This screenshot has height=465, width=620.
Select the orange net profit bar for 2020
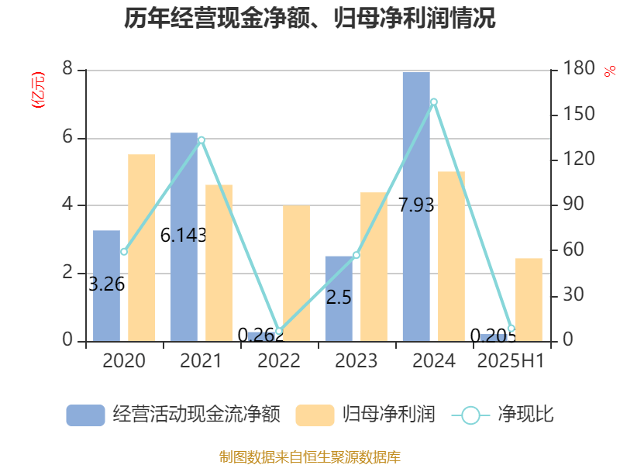(x=142, y=248)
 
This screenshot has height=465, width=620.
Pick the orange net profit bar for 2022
(x=296, y=273)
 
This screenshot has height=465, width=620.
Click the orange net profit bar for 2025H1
(x=529, y=299)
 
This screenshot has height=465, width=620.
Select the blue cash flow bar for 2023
(x=339, y=298)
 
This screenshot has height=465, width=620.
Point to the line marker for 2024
(x=434, y=102)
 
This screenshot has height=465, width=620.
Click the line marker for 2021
(x=201, y=140)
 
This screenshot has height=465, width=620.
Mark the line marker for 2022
(x=279, y=332)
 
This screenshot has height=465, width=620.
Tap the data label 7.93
(x=416, y=205)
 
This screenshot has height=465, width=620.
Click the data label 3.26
(x=107, y=284)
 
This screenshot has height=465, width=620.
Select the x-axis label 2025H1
(x=511, y=360)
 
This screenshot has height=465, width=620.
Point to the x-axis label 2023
(x=356, y=360)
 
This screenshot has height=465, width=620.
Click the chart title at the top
(x=310, y=19)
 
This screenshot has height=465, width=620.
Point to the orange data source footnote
(x=310, y=456)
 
